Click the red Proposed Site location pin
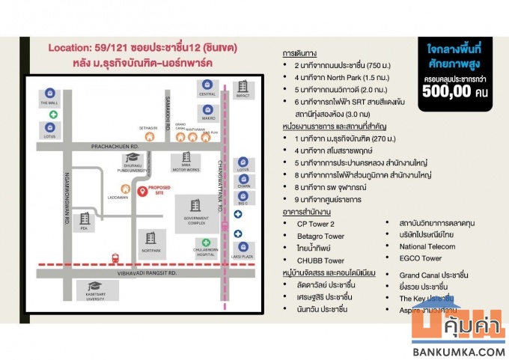(141, 192)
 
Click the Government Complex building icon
(195, 205)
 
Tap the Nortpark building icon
(151, 238)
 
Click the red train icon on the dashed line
(115, 259)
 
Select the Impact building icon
(242, 88)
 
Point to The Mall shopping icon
(50, 94)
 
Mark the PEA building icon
(85, 218)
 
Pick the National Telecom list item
(427, 246)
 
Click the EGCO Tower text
(421, 258)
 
